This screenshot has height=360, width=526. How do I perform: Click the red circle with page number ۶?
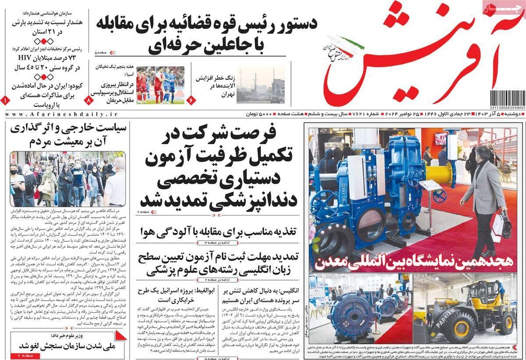click(191, 99)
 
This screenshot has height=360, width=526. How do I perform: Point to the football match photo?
click(160, 85)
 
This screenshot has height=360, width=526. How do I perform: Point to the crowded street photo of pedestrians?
click(67, 179)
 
